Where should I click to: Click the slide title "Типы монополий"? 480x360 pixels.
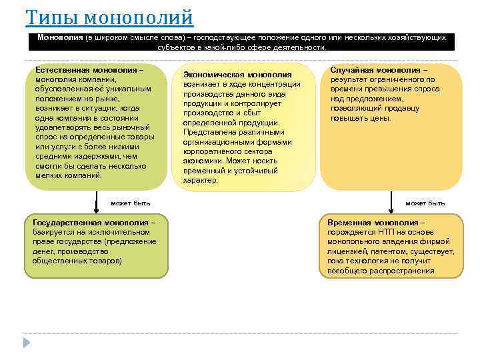(x=109, y=17)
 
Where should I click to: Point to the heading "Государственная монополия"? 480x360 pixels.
(x=92, y=223)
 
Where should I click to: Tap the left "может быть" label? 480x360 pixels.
(x=131, y=203)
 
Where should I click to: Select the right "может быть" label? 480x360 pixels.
(x=425, y=203)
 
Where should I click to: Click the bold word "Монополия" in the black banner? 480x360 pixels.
(x=60, y=38)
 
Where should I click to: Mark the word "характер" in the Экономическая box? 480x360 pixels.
(x=200, y=180)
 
